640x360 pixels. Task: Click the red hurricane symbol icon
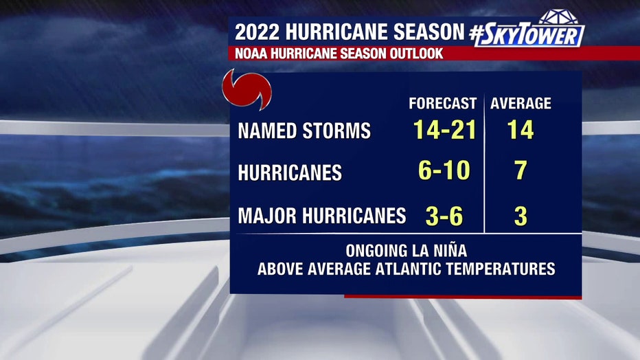coord(246,91)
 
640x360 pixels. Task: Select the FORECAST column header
coord(442,104)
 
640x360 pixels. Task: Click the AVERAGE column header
coord(521,104)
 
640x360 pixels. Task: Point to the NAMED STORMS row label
coord(304,131)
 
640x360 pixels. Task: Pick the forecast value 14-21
coord(444,130)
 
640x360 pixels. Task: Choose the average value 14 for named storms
coord(521,130)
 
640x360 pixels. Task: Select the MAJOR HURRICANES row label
coord(321,216)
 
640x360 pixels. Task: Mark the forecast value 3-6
coord(444,216)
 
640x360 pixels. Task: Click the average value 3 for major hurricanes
coord(521,216)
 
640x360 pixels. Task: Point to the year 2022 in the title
coord(259,32)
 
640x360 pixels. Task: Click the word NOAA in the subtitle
coord(252,54)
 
